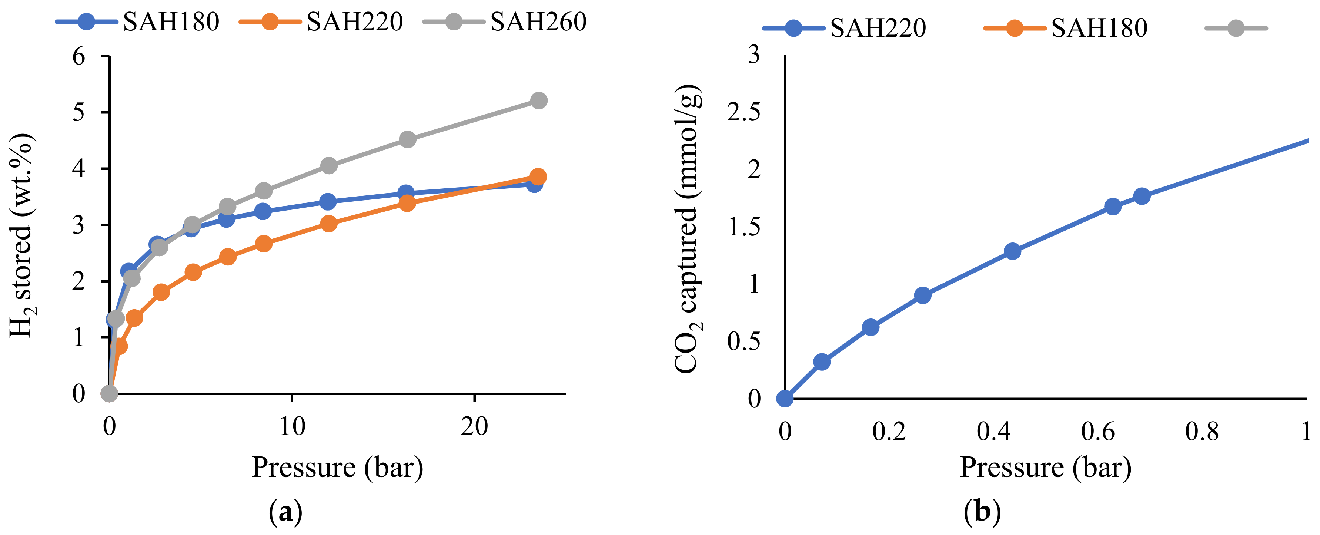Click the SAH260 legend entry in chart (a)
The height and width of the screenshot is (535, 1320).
coord(538,22)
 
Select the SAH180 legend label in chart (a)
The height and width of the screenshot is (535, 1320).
coord(171,22)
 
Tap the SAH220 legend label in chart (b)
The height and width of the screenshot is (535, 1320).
coord(878,28)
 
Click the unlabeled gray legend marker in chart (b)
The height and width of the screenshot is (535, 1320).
coord(1236,28)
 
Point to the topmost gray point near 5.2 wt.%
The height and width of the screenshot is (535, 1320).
coord(538,100)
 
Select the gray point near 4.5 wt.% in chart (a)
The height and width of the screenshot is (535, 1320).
coord(407,139)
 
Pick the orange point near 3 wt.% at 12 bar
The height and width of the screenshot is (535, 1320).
coord(328,224)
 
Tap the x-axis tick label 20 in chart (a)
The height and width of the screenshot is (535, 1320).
coord(474,427)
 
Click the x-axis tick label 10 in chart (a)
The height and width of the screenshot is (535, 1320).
coord(292,427)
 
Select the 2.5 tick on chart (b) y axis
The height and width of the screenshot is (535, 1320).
coord(743,112)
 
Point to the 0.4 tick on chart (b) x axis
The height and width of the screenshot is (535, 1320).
coord(993,432)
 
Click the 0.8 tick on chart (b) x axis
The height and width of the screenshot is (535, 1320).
coord(1202,432)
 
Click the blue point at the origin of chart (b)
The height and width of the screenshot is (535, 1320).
coord(785,399)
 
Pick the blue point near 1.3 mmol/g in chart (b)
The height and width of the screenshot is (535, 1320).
coord(1012,251)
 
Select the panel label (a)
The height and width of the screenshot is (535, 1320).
coord(285,512)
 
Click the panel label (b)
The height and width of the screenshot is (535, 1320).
coord(982,512)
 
